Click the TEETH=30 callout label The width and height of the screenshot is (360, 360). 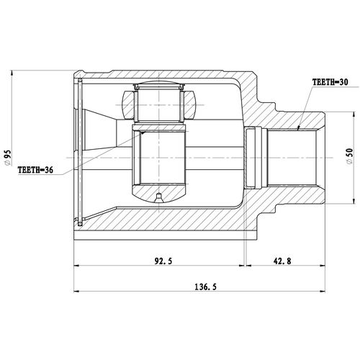(330, 82)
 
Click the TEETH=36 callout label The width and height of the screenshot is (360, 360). (35, 170)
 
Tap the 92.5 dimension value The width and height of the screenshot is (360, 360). (163, 261)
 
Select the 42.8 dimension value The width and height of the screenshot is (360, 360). (282, 261)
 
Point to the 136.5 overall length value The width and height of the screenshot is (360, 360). (205, 287)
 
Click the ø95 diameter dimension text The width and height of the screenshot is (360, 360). (8, 158)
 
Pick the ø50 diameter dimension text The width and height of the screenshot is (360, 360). (350, 156)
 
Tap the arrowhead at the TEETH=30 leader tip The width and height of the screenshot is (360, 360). (299, 128)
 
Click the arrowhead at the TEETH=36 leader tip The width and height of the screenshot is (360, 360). (143, 132)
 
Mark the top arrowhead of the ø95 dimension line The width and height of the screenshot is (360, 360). (12, 73)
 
